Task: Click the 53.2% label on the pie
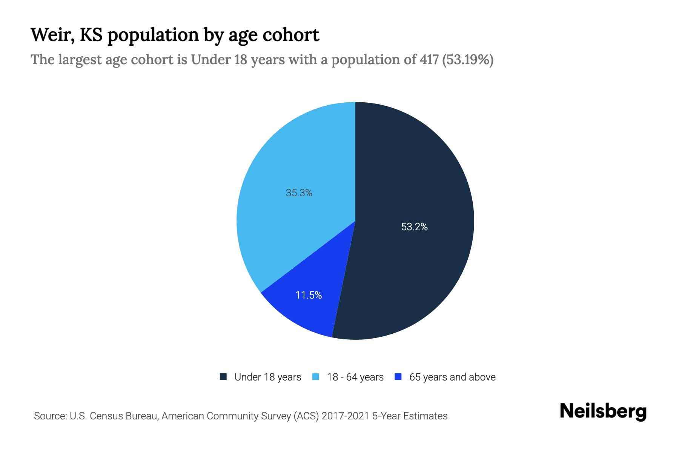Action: pyautogui.click(x=414, y=227)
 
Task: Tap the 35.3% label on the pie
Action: pyautogui.click(x=299, y=193)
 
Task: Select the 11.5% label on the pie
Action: pyautogui.click(x=308, y=295)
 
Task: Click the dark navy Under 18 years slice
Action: pyautogui.click(x=415, y=170)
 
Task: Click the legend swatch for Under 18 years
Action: pyautogui.click(x=223, y=377)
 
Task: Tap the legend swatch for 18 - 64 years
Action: pyautogui.click(x=316, y=377)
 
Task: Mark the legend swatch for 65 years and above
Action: pyautogui.click(x=398, y=377)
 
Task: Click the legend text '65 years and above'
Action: pyautogui.click(x=452, y=377)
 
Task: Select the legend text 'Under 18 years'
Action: pyautogui.click(x=268, y=377)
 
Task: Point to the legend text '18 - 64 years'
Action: pyautogui.click(x=355, y=377)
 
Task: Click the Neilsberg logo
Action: pyautogui.click(x=603, y=411)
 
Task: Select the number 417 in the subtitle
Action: pyautogui.click(x=429, y=60)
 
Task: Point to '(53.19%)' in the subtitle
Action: pyautogui.click(x=468, y=60)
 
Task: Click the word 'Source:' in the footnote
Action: pyautogui.click(x=50, y=416)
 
